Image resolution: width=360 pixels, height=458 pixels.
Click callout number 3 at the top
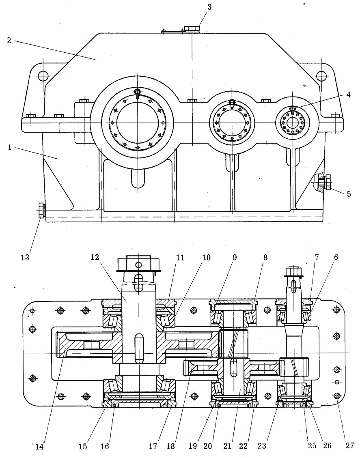pos(209,7)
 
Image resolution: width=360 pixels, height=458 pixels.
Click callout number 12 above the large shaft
pos(95,257)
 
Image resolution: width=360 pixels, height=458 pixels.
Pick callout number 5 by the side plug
pos(349,194)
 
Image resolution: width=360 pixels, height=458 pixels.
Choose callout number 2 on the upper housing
pos(9,40)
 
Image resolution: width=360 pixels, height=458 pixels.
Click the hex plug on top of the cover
pos(192,28)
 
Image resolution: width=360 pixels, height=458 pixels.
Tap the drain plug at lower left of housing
pos(41,210)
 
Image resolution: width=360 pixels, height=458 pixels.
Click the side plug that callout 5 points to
pos(324,182)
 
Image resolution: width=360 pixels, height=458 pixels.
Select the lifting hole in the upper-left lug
pos(43,76)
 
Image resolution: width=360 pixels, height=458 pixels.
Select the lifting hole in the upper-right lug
pos(321,76)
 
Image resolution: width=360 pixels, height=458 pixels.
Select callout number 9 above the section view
pos(234,257)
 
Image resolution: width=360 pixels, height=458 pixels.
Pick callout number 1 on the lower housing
pos(10,147)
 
